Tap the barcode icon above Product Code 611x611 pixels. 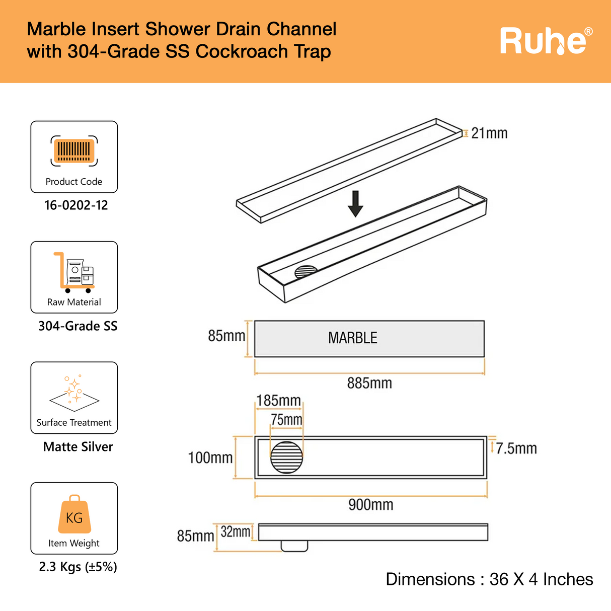(x=74, y=150)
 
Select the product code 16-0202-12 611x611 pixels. (x=76, y=205)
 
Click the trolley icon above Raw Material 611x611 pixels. (x=74, y=272)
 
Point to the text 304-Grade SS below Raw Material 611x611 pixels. (x=78, y=326)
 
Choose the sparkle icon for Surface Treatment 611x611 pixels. (x=74, y=390)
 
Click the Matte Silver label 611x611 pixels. (x=78, y=447)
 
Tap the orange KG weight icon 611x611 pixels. (x=74, y=514)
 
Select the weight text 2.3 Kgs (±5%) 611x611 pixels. (x=78, y=567)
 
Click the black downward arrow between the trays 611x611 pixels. (x=356, y=203)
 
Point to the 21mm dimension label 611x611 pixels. (x=489, y=133)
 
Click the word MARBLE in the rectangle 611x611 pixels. (x=352, y=338)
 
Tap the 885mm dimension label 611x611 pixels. (x=369, y=384)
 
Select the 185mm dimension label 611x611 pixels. (x=278, y=401)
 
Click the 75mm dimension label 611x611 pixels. (x=286, y=420)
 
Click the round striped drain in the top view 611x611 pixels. (x=287, y=457)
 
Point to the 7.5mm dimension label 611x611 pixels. (x=516, y=448)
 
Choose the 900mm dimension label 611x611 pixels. (x=371, y=505)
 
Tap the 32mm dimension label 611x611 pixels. (x=236, y=531)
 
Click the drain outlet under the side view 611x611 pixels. (x=294, y=546)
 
